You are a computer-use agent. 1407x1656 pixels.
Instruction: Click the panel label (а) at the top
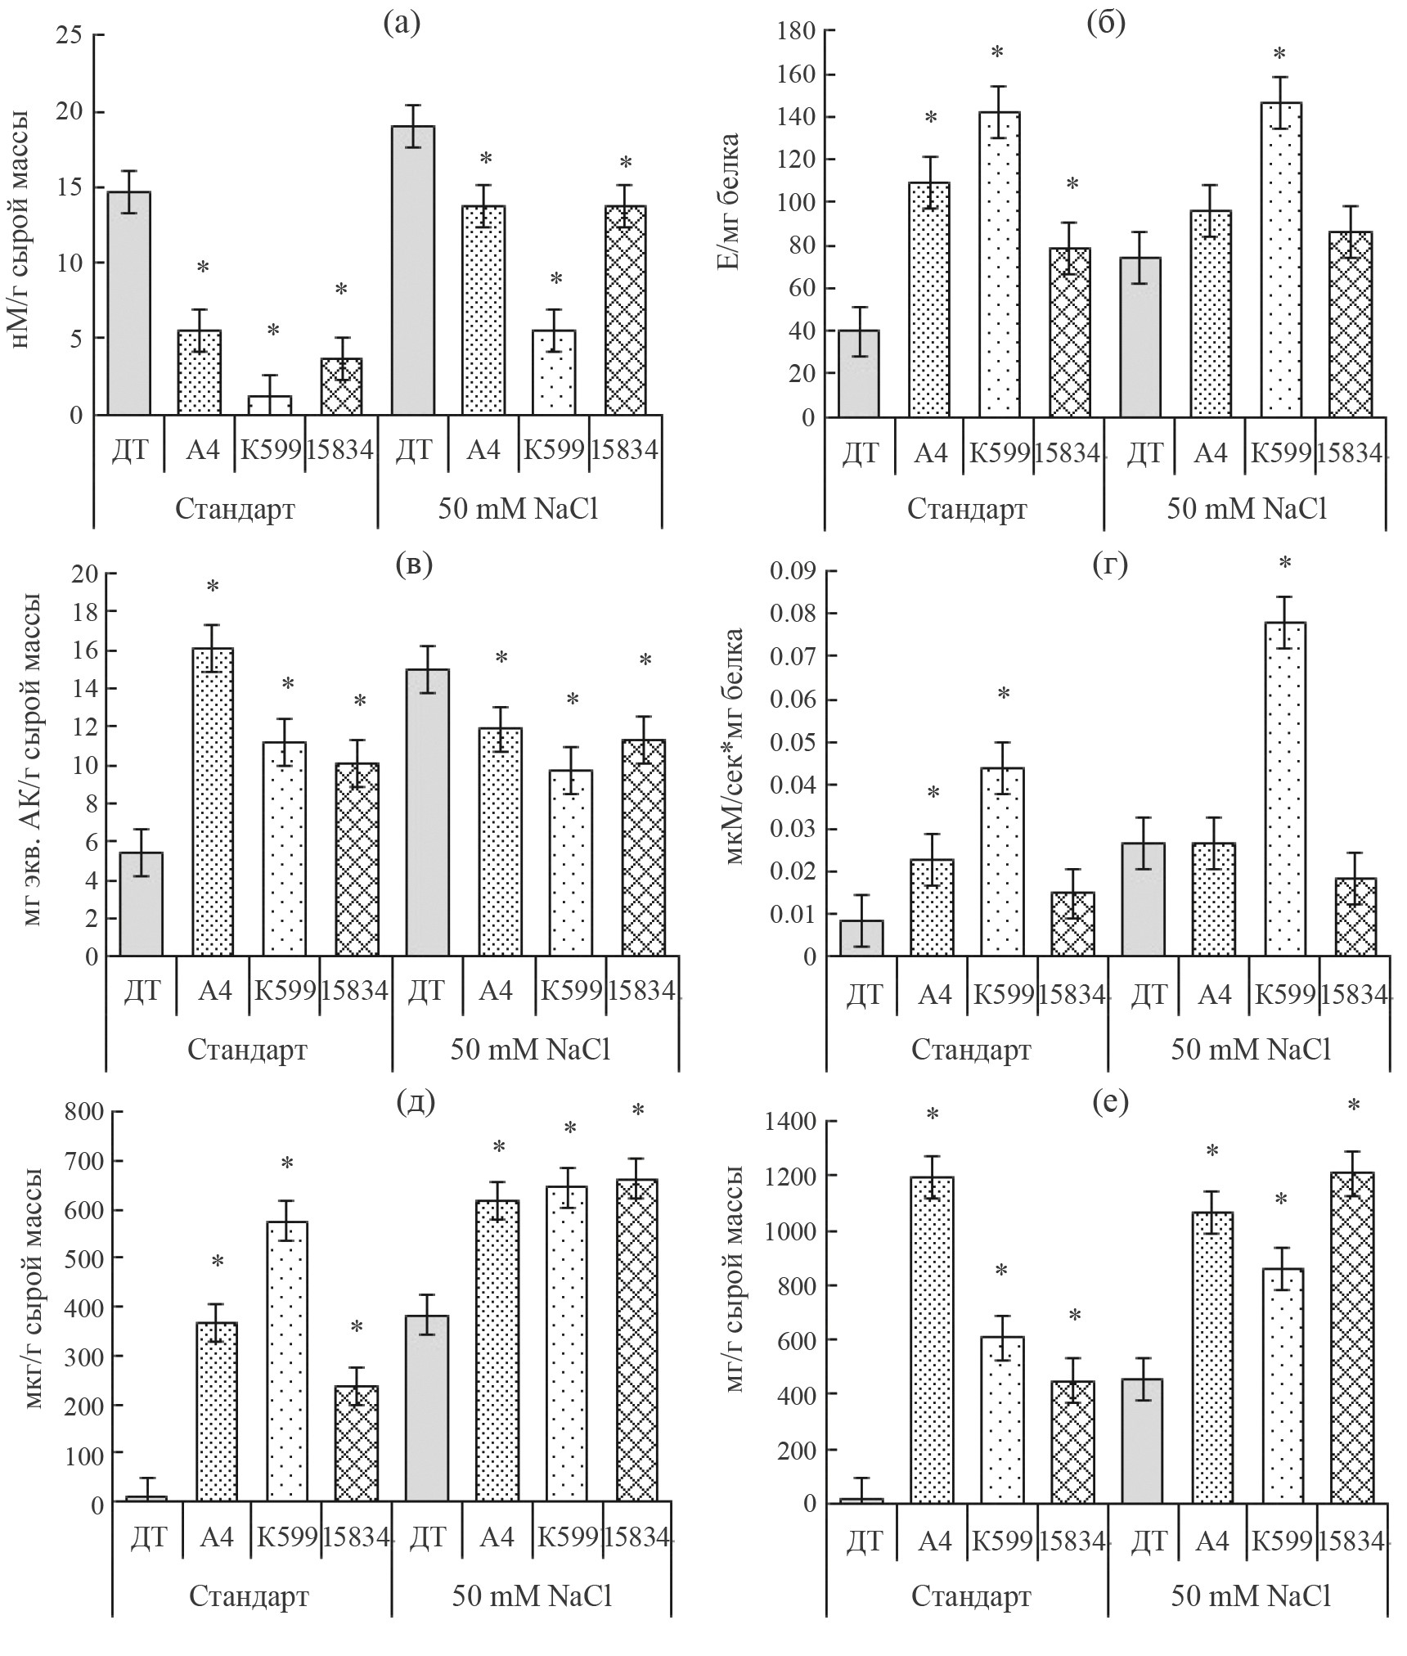402,23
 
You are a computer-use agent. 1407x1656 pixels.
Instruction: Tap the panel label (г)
1110,564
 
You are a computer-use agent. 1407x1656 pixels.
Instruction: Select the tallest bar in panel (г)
1284,789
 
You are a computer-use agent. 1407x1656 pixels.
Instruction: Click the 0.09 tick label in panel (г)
793,570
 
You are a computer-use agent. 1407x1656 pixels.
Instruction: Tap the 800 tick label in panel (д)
85,1113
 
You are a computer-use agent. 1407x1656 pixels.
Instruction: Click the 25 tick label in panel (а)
70,35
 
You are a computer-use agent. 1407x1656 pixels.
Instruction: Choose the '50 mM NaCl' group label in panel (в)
530,1050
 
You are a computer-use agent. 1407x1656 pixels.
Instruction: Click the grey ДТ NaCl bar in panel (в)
427,812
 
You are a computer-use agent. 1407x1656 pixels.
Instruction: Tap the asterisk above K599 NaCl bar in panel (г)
1284,564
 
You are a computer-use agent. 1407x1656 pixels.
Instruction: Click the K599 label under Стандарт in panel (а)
271,449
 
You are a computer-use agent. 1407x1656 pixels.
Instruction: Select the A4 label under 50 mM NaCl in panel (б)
1211,452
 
